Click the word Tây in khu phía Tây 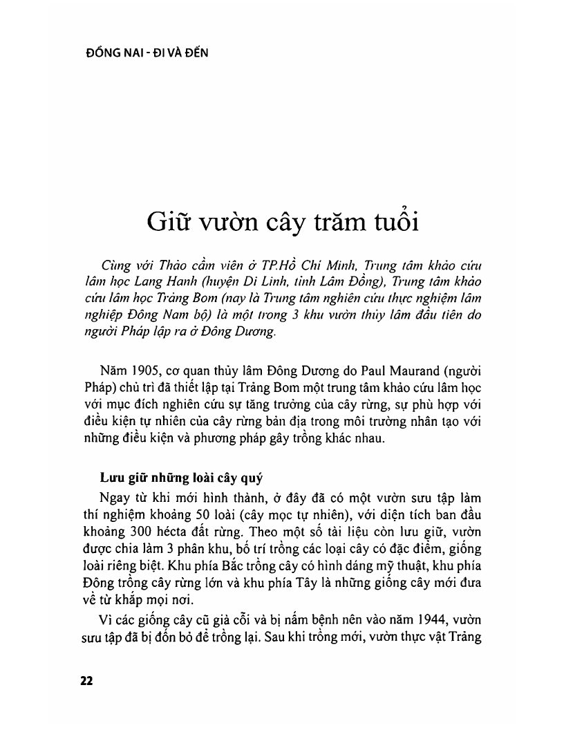point(314,586)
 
